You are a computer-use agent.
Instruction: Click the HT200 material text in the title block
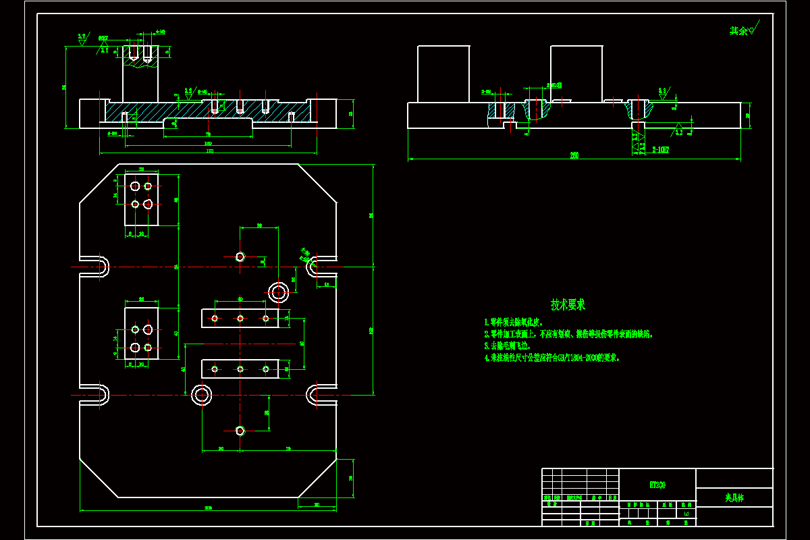pos(657,485)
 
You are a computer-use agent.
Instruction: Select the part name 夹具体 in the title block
pos(734,497)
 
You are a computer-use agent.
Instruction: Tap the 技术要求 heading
pos(568,304)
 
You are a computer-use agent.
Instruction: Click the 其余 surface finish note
pos(739,30)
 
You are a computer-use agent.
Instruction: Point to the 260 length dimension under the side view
pos(574,156)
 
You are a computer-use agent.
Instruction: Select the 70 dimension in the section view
pos(208,134)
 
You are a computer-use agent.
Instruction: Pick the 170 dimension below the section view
pos(209,151)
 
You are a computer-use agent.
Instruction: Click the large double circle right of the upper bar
pos(279,292)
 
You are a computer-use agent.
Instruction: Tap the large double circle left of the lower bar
pos(201,395)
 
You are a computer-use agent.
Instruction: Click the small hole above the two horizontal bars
pos(240,256)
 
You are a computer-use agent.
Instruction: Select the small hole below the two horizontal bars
pos(240,431)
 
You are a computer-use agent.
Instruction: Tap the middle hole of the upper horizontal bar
pos(240,318)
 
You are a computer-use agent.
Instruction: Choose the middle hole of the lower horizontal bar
pos(240,369)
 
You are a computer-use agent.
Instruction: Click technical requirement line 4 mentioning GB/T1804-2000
pos(551,358)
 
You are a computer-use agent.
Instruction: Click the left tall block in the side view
pos(443,74)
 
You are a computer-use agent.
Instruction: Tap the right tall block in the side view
pos(576,74)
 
